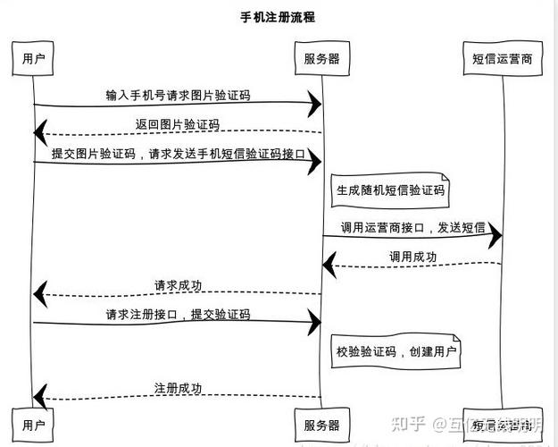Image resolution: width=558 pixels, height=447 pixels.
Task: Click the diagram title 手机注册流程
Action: tap(278, 17)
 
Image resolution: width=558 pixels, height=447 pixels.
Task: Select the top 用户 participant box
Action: tap(34, 59)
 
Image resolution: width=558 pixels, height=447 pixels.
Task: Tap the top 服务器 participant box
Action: tap(321, 59)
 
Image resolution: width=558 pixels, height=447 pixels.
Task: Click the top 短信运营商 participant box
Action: tap(502, 59)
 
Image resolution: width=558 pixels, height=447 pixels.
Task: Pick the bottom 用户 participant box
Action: tap(34, 424)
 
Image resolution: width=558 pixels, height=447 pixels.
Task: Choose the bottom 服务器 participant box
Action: tap(321, 424)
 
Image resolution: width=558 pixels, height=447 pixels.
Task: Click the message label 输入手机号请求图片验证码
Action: tap(177, 95)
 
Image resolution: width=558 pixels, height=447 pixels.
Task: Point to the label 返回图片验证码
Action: tap(177, 123)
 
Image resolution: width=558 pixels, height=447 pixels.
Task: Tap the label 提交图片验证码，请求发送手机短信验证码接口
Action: tap(179, 154)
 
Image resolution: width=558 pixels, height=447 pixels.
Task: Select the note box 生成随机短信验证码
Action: tap(389, 190)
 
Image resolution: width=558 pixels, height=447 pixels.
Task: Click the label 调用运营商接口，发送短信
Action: tap(412, 228)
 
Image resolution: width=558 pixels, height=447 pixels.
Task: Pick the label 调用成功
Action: tap(412, 257)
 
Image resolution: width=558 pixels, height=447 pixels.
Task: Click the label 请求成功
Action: tap(178, 286)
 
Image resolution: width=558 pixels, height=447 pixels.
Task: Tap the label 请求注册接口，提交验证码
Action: tap(178, 315)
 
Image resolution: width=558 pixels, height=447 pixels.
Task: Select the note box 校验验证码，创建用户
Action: tap(396, 352)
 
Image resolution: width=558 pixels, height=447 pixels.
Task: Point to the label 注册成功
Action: tap(178, 389)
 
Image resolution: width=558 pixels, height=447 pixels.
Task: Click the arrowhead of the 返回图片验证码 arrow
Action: tap(39, 133)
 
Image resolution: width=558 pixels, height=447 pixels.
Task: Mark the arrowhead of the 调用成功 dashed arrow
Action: tap(328, 264)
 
